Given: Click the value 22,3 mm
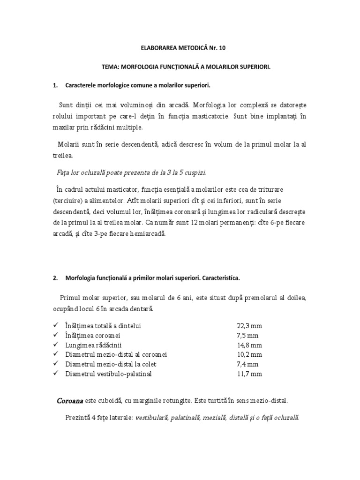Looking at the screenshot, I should (248, 326).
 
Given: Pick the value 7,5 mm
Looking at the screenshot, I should (247, 336).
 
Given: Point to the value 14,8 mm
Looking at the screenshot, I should (248, 345).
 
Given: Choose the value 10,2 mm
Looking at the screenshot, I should (248, 354).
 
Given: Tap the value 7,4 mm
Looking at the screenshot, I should (247, 364).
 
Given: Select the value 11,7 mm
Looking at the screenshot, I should (248, 374).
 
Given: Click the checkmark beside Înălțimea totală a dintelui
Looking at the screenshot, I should (56, 325).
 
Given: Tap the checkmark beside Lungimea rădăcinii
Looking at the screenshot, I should (56, 345).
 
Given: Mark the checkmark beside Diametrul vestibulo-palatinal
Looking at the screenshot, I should (56, 373).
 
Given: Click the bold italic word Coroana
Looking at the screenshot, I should (70, 401).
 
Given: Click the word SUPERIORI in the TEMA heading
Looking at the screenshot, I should (255, 67).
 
